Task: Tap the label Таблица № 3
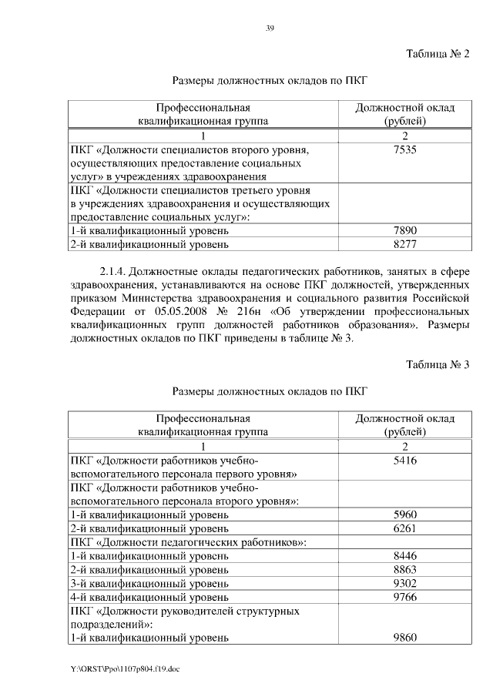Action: tap(437, 364)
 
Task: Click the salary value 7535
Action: tap(404, 150)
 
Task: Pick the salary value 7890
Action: tap(404, 231)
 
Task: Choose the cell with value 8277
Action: tap(404, 245)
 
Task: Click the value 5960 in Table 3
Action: tap(404, 514)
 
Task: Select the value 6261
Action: tap(404, 528)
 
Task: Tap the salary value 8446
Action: tap(404, 555)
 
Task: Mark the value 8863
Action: tap(404, 569)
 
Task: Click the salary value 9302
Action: tap(404, 583)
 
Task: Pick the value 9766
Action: tap(404, 596)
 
